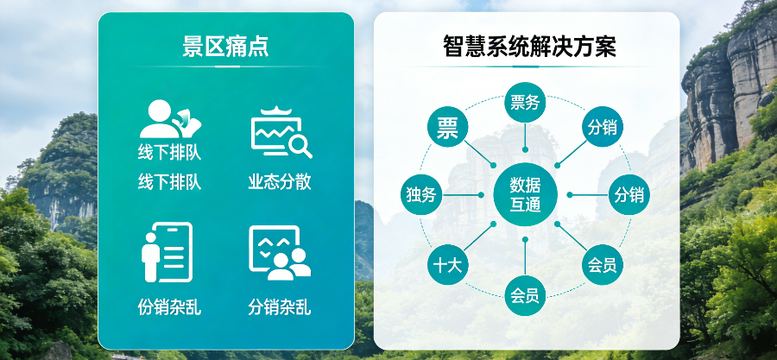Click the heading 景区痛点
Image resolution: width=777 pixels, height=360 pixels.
(x=225, y=46)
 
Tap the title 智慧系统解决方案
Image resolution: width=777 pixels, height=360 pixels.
(x=529, y=46)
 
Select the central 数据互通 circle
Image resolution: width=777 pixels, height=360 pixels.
(x=525, y=195)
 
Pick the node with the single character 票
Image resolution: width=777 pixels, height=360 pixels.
(x=448, y=129)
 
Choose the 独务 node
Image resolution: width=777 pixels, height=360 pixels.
(x=422, y=195)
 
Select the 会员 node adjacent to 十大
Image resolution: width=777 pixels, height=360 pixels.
(x=525, y=296)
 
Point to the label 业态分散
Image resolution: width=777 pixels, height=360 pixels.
(x=280, y=182)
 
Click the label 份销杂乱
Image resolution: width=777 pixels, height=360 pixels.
(x=169, y=306)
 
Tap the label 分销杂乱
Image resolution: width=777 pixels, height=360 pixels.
(x=280, y=306)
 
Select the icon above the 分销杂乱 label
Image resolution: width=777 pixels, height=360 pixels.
(x=280, y=252)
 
